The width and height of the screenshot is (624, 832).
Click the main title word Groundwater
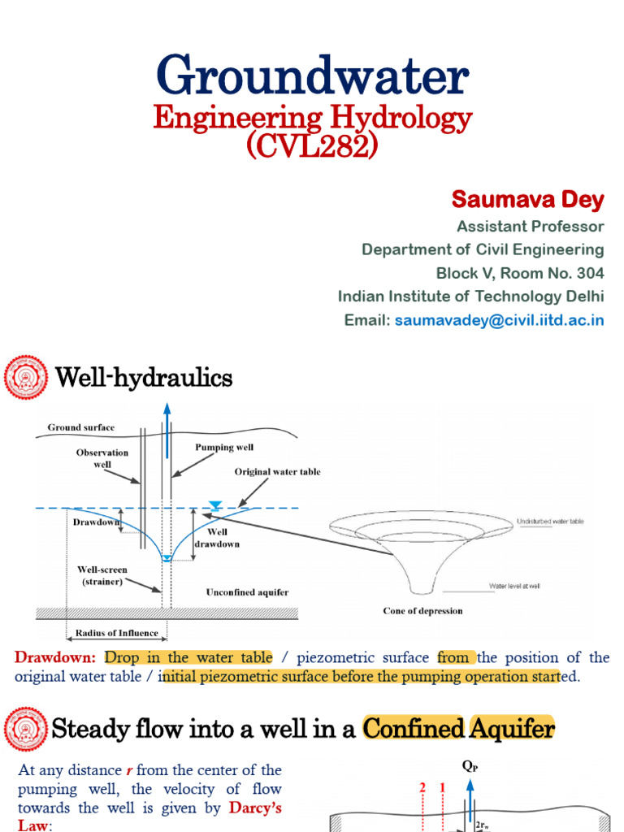pos(312,77)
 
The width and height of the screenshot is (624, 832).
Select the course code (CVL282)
pos(312,147)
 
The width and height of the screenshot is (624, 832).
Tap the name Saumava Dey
pos(527,199)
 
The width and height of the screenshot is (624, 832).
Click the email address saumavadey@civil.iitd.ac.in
pos(499,320)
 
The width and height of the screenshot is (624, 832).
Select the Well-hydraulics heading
pos(143,378)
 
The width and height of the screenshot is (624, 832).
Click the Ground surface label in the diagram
pos(81,427)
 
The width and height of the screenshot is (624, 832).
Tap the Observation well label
pos(102,458)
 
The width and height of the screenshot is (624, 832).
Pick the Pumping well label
pos(223,448)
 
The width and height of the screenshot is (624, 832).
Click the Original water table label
pos(277,471)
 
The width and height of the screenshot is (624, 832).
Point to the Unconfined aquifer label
pos(247,592)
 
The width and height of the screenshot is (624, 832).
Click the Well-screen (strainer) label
pos(102,575)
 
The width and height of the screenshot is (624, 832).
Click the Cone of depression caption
pos(422,610)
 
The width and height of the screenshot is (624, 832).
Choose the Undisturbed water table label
pos(549,521)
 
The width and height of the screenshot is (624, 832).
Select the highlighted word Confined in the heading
pos(413,730)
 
